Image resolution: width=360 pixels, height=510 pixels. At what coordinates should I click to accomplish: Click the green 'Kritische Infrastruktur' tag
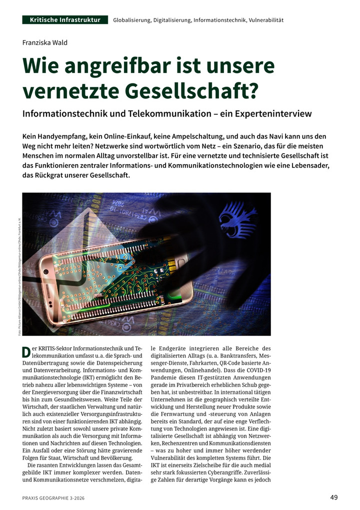click(x=65, y=20)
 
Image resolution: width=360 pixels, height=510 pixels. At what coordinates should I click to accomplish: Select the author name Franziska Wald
click(x=45, y=43)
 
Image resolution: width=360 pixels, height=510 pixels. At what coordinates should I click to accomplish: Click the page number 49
click(x=334, y=497)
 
